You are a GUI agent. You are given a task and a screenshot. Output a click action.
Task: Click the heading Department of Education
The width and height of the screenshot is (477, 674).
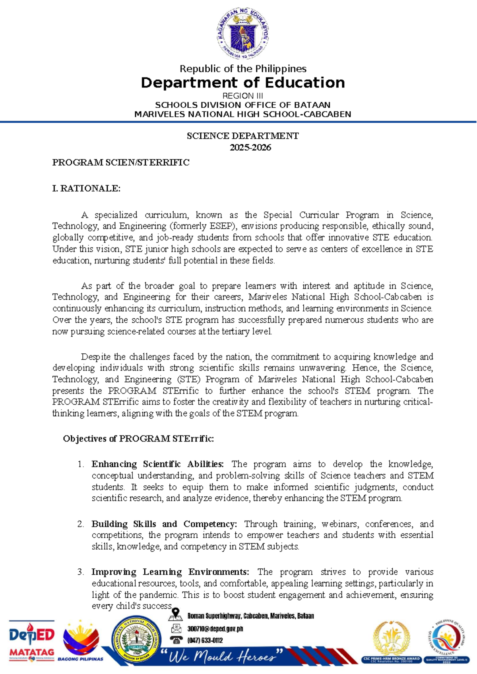point(243,83)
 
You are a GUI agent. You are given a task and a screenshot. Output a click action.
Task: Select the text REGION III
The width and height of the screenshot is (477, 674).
point(242,96)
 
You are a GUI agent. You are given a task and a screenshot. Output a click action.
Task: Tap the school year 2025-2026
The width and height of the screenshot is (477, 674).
point(250,147)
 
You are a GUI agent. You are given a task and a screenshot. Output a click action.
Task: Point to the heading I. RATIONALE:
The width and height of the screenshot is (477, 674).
point(86,188)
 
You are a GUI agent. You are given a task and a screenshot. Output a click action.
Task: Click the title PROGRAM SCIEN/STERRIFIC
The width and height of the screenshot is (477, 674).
point(121,163)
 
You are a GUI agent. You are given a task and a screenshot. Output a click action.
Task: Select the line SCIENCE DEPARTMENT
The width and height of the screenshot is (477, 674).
point(242,136)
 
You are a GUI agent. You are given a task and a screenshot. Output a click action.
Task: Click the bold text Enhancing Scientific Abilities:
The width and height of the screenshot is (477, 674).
point(158,464)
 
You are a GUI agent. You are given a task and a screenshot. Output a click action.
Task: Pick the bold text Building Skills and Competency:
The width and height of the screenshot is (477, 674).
point(164,524)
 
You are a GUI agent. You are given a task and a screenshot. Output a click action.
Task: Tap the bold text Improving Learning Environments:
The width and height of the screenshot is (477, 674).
point(170,572)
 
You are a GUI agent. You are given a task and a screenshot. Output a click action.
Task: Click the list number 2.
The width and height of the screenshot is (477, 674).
point(81,524)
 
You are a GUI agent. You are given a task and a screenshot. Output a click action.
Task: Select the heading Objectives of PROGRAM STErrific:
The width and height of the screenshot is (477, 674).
point(138,439)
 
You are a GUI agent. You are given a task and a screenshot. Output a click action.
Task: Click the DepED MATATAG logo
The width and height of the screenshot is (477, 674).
point(32,640)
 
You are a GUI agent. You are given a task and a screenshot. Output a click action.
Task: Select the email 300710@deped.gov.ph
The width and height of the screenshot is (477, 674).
point(215,629)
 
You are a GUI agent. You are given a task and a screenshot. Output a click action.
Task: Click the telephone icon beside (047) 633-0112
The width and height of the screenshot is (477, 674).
point(176,640)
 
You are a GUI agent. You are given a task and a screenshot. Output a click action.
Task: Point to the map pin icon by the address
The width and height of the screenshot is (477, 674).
point(175,615)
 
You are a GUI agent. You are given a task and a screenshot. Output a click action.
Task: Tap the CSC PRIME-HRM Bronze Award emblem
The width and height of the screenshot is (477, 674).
point(391,641)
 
